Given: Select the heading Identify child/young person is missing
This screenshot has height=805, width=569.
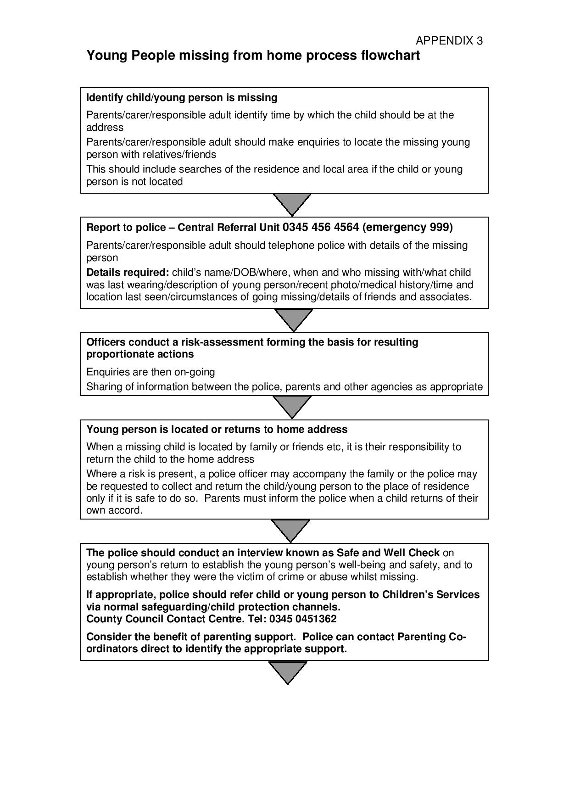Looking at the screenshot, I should (182, 97).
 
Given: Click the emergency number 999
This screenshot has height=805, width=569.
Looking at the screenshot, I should (439, 227).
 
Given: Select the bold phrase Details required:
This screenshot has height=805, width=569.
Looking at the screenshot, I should (128, 272).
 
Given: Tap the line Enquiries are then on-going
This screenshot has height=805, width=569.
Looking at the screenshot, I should (151, 372).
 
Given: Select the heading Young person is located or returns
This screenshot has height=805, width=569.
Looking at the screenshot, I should (217, 430).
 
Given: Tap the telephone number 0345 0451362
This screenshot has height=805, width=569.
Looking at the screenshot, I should (303, 619).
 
